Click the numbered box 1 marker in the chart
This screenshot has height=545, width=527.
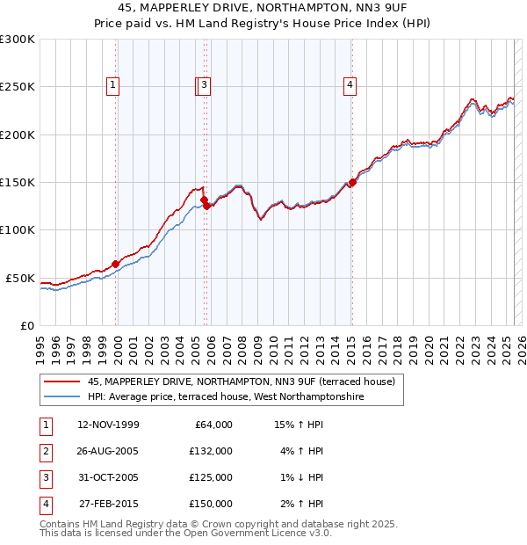pos(114,85)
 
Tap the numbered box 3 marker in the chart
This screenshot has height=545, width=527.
pos(204,85)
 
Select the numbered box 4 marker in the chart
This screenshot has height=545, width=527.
pos(350,85)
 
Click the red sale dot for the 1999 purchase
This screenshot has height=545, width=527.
pos(115,264)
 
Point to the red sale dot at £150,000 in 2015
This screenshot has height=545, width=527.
pos(352,183)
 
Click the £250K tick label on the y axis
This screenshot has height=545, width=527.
pos(18,87)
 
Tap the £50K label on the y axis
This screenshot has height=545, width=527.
pos(21,278)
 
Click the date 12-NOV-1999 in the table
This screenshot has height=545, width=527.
pos(108,425)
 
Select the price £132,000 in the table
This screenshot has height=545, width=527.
pos(211,451)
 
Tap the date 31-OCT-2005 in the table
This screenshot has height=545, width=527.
pos(108,477)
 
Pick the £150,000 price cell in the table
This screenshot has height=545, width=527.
pos(211,504)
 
